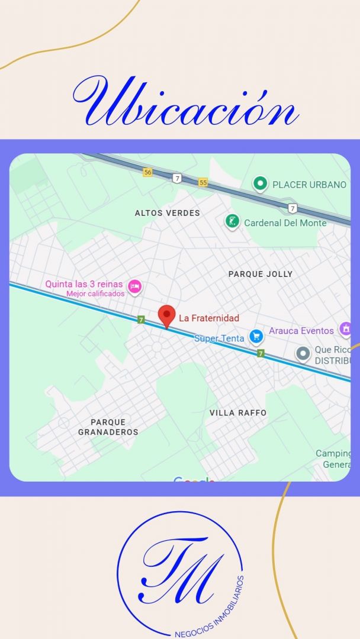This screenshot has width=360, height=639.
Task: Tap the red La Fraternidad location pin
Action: tap(167, 315)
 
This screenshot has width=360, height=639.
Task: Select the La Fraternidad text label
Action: tap(209, 318)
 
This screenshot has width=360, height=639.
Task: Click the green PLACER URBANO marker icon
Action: tap(259, 184)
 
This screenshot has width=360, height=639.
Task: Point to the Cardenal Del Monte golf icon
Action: tap(233, 222)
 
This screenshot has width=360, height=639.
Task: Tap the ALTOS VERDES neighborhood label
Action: tap(168, 213)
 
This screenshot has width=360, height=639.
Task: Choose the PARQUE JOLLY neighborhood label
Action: tap(261, 274)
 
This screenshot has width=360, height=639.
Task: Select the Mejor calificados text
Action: tap(95, 293)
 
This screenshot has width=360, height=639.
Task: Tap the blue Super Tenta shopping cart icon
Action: tap(256, 337)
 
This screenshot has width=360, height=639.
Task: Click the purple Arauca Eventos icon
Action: tap(345, 329)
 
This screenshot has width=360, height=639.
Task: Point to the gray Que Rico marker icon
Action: tap(303, 354)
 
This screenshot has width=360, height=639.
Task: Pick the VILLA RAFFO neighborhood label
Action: tap(238, 412)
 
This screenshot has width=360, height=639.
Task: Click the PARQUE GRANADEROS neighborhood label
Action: tap(108, 427)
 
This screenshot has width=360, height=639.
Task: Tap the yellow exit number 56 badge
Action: tap(147, 172)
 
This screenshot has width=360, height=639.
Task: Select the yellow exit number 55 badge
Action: tap(203, 182)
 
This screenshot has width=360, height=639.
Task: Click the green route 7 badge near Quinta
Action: tap(141, 319)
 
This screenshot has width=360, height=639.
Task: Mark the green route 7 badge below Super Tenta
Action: tap(261, 353)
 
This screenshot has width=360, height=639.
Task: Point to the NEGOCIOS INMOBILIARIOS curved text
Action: tap(210, 609)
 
